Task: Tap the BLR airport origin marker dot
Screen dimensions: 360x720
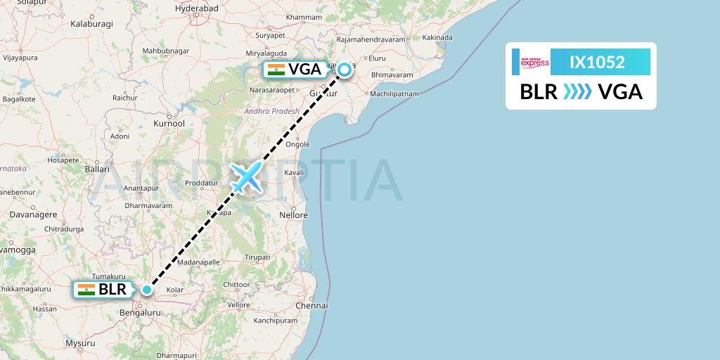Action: click(147, 289)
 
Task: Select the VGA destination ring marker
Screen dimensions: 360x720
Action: click(345, 69)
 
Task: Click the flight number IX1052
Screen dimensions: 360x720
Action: click(597, 62)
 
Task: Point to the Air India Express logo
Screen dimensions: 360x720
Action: click(534, 63)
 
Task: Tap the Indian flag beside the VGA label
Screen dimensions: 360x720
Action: click(276, 69)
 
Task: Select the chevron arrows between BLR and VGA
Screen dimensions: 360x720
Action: click(577, 92)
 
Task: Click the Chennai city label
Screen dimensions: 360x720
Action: click(312, 306)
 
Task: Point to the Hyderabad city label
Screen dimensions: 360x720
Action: click(197, 8)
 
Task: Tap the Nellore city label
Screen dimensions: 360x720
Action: click(293, 214)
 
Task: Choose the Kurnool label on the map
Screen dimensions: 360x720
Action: click(169, 124)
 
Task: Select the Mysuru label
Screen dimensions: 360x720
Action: click(79, 343)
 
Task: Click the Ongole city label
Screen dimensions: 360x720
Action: click(297, 144)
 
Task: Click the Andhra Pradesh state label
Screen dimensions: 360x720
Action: click(271, 111)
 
